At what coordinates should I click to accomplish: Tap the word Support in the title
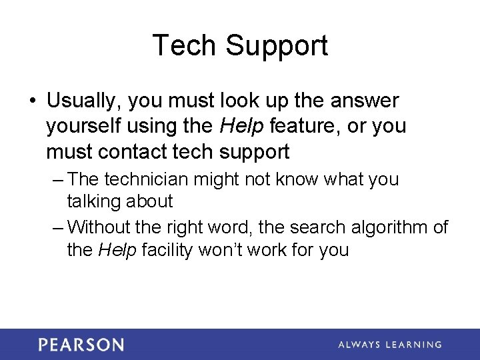pos(276,47)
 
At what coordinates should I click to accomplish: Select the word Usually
pos(83,101)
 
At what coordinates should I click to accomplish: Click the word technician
pos(147,179)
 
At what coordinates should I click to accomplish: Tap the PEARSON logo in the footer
pos(81,345)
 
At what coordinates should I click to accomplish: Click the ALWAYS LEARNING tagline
pos(389,345)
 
